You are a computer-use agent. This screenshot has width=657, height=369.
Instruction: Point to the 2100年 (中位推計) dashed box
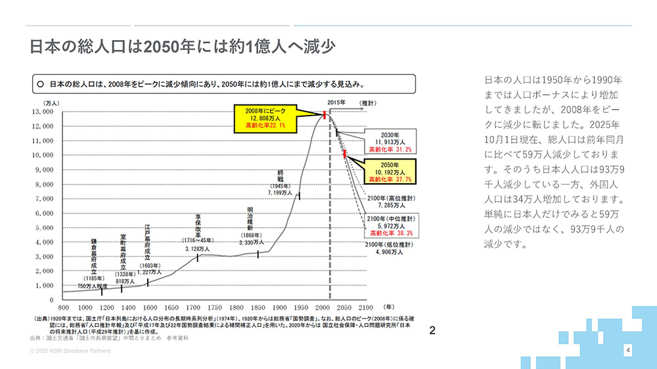coord(392,225)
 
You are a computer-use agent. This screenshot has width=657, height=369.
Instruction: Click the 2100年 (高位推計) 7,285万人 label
coord(390,202)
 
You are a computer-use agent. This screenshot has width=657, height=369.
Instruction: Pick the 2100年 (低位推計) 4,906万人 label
coord(390,248)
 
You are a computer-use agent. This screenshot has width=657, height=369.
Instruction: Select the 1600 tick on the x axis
coord(150,307)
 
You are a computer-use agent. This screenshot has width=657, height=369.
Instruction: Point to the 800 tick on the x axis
coord(64,307)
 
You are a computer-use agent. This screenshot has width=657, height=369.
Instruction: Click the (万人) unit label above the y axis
coord(52,103)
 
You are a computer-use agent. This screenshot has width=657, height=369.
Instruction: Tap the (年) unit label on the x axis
coord(389,307)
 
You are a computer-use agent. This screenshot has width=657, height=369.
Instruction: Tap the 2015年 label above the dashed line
coord(336,103)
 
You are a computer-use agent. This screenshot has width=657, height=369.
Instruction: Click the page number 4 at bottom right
coord(628,351)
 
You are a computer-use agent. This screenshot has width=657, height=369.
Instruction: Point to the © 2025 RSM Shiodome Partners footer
coord(70,351)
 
